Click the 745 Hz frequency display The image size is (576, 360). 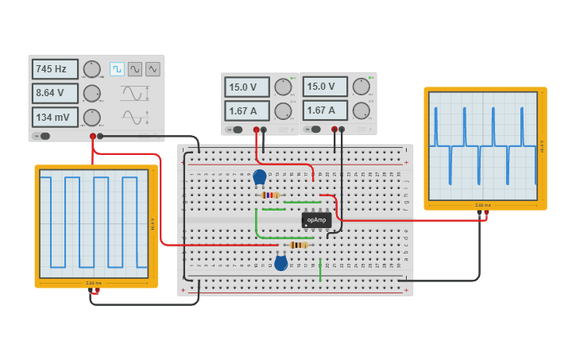[x=55, y=69]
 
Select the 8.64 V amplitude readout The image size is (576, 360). [x=55, y=93]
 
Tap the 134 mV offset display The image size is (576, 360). [x=55, y=117]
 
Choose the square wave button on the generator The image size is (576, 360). [x=117, y=69]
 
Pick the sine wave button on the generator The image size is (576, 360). [x=135, y=69]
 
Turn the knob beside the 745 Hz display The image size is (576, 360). [x=91, y=69]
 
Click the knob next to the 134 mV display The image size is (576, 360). [x=91, y=118]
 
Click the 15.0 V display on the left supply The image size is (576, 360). [x=246, y=87]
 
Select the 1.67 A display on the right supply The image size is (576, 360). [x=325, y=110]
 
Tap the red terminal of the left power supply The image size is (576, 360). [x=256, y=129]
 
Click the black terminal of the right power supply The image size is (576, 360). [x=342, y=129]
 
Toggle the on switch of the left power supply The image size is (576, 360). [x=237, y=129]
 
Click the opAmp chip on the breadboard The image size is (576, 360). [x=316, y=219]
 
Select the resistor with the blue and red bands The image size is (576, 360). [x=270, y=195]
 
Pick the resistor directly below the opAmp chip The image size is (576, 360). [x=299, y=245]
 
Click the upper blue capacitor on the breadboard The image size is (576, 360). [x=260, y=177]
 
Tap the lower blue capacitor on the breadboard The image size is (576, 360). [x=280, y=263]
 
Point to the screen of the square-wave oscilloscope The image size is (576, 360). [x=94, y=223]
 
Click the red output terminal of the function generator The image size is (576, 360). [x=93, y=136]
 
